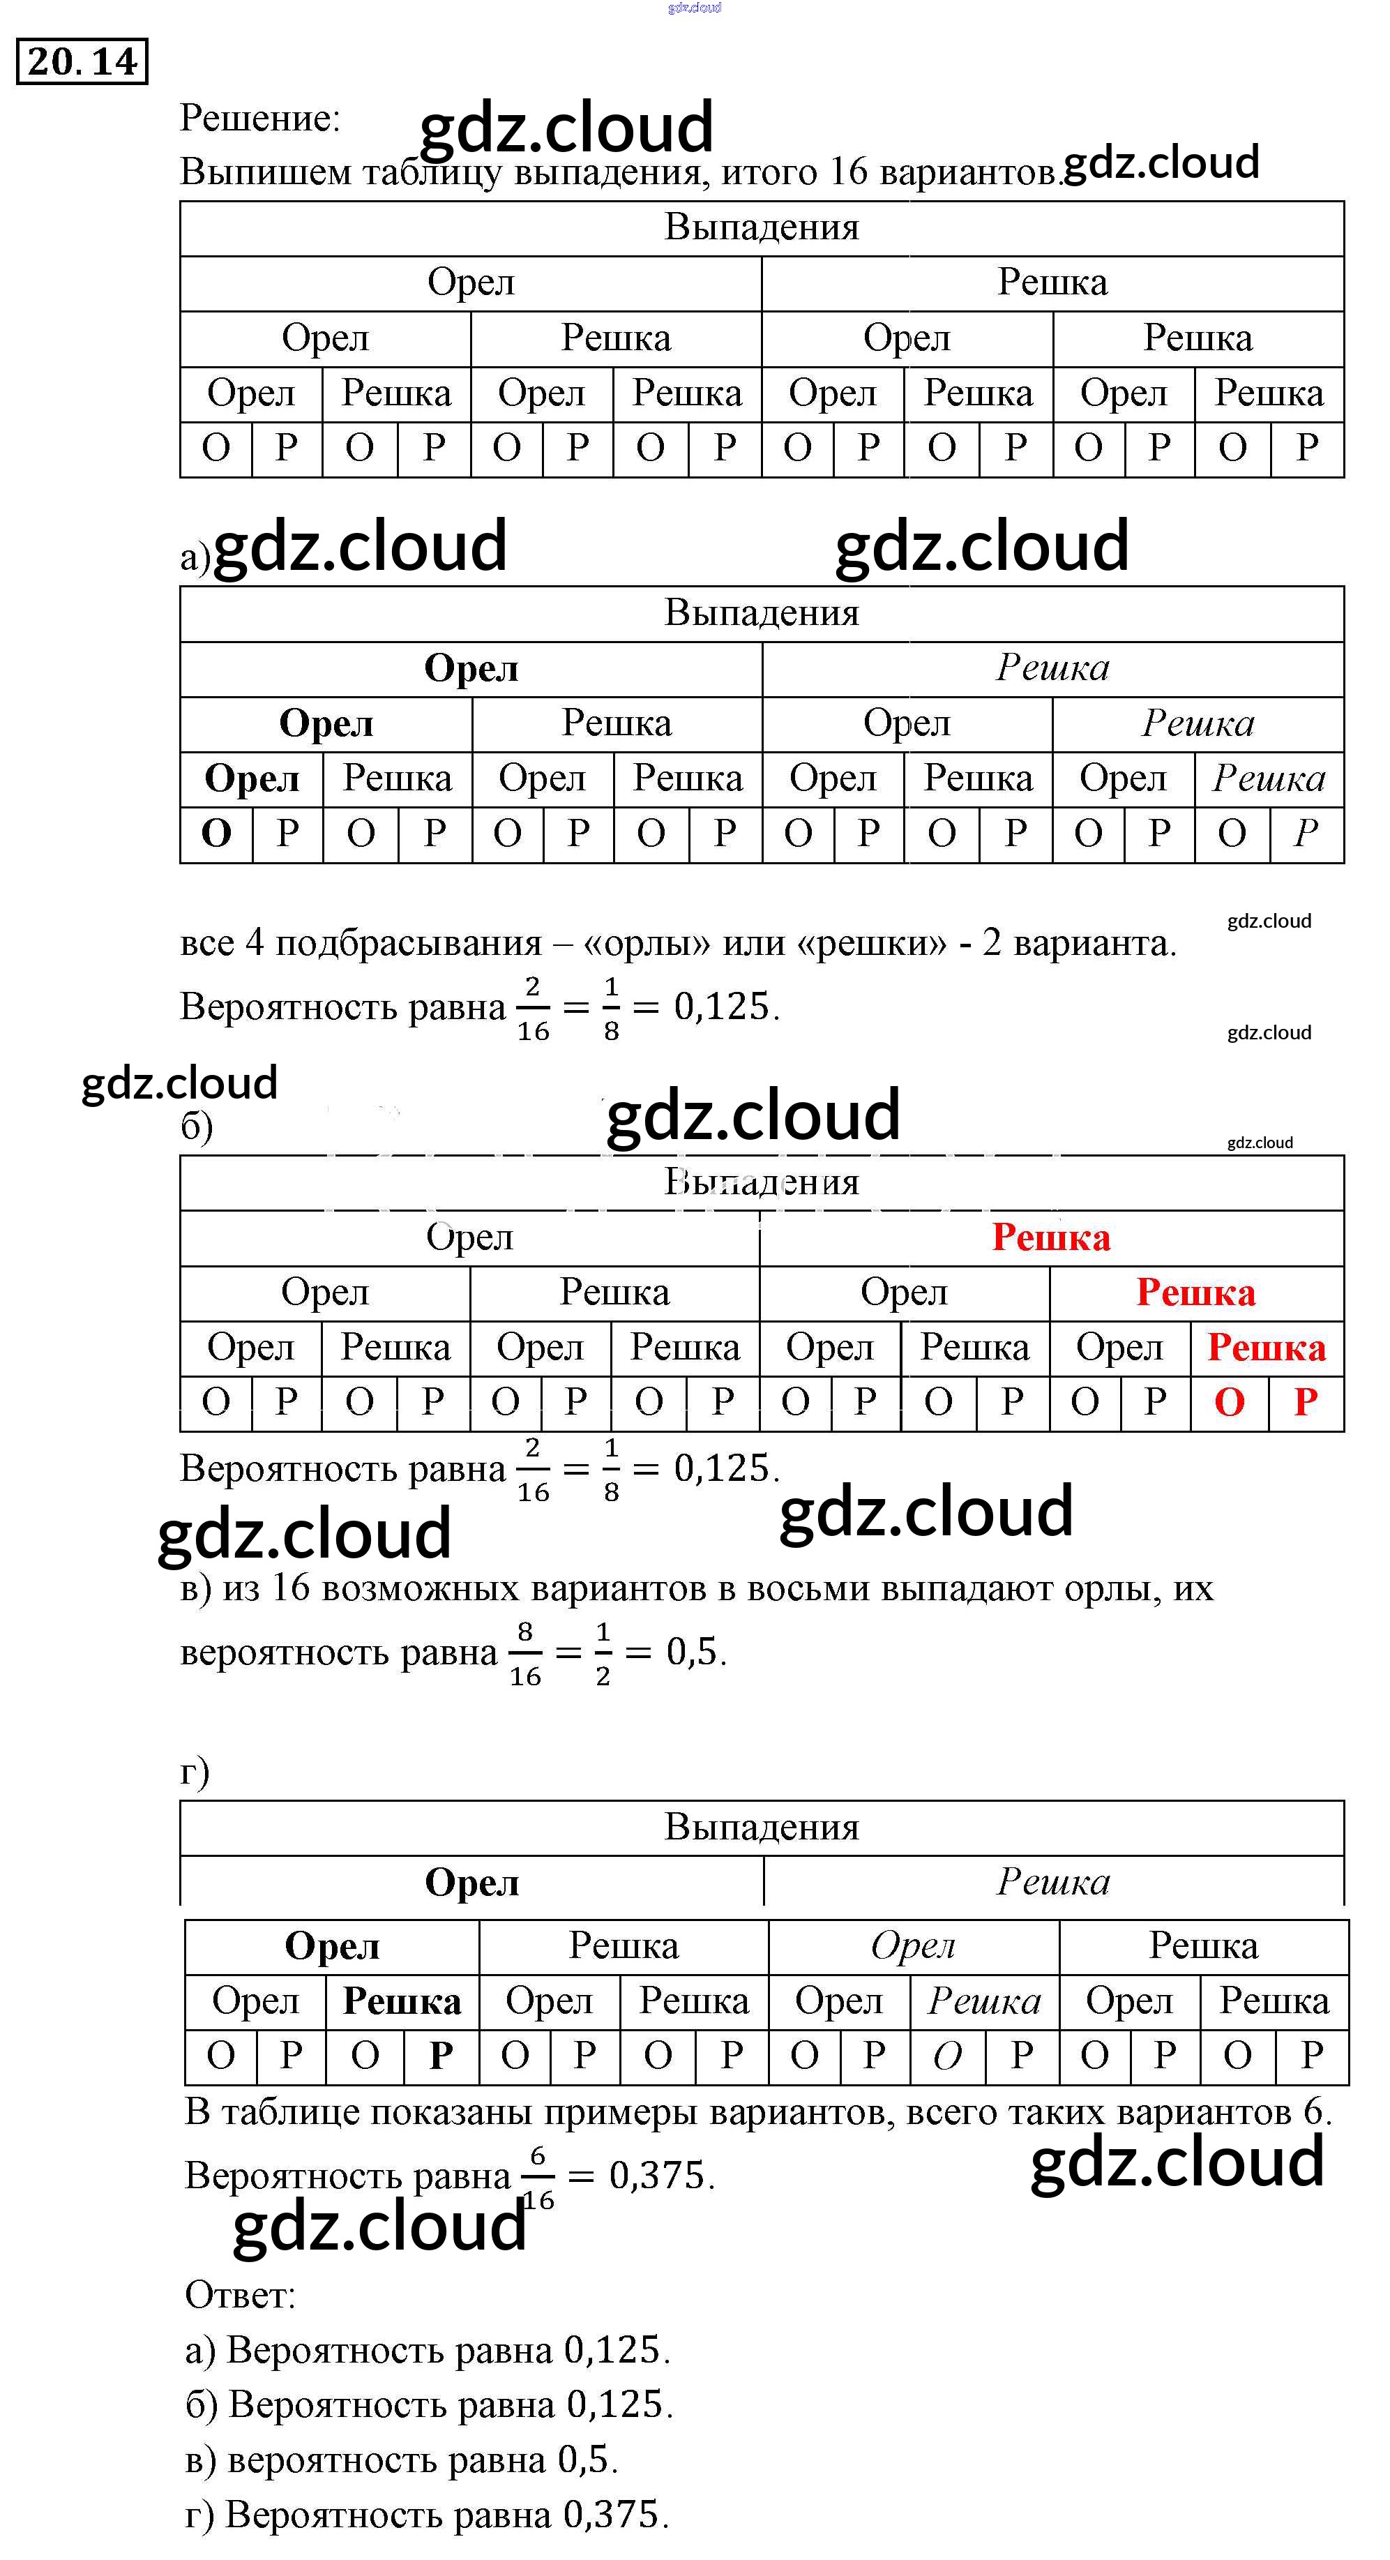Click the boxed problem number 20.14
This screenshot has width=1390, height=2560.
[82, 61]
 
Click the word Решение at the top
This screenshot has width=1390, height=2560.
[258, 119]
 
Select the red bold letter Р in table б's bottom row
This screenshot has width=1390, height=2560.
[1306, 1402]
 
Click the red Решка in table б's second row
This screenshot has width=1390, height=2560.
[1050, 1237]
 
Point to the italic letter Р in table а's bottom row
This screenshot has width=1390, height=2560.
[1306, 834]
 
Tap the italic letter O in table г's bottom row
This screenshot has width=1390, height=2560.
[947, 2055]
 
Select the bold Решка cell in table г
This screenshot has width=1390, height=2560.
[402, 2001]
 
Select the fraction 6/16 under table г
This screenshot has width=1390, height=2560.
[538, 2177]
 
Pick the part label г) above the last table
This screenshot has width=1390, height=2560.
[195, 1772]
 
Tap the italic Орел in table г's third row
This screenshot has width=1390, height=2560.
[912, 1946]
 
